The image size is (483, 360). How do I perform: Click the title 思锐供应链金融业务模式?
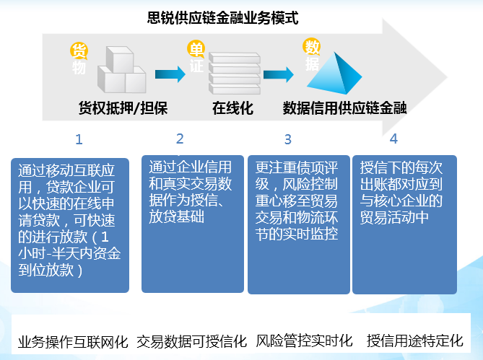pos(222,17)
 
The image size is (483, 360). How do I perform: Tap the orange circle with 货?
pos(79,51)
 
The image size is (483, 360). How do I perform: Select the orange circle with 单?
pos(196,49)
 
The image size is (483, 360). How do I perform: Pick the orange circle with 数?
pos(312,47)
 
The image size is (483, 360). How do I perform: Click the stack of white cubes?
pos(122,70)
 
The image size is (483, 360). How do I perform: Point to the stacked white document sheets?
pos(235,74)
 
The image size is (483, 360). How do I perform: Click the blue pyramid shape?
pos(334,74)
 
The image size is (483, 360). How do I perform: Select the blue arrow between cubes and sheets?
pos(170,74)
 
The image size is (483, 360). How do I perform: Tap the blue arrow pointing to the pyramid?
pos(279,74)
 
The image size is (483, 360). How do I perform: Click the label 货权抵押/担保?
pos(123,108)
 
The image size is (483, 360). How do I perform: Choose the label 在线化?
pos(233,108)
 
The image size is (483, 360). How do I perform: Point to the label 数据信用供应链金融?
pos(345,108)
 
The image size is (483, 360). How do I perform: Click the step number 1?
pos(79,139)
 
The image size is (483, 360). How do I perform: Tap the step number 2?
pos(180,139)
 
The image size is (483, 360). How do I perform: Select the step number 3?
pos(288,139)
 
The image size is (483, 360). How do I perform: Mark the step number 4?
pos(393,139)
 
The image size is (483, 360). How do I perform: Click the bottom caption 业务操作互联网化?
pos(73,342)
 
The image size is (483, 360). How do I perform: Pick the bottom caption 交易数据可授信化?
pos(191,341)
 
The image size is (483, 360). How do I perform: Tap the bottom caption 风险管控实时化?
pos(305,341)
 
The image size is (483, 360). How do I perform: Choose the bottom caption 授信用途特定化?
pos(415,341)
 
